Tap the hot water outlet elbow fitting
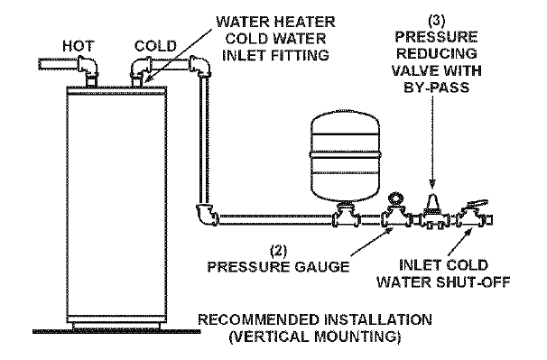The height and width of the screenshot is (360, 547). (91, 67)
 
